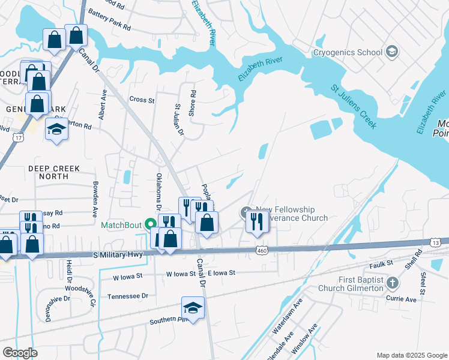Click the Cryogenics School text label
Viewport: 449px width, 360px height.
click(x=348, y=52)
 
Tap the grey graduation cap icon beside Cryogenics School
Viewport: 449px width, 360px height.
click(x=393, y=52)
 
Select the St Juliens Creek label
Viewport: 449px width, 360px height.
click(x=354, y=107)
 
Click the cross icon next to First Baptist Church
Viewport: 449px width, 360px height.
click(x=392, y=283)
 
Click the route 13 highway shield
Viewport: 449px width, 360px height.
click(x=435, y=241)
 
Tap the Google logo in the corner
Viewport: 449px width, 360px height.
click(x=20, y=353)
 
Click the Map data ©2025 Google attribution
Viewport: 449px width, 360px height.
click(x=411, y=355)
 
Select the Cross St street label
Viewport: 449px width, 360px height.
click(x=142, y=100)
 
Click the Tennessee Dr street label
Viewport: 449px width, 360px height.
click(x=127, y=296)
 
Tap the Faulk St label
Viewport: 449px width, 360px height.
click(x=381, y=263)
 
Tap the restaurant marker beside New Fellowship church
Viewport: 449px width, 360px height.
click(x=256, y=222)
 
